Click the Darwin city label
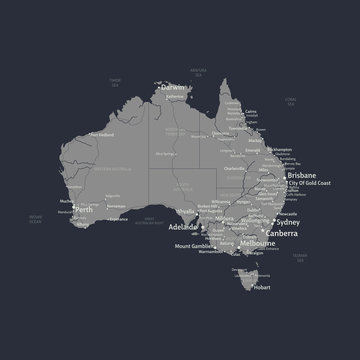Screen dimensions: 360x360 click(x=173, y=88)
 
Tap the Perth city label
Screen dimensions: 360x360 click(x=85, y=210)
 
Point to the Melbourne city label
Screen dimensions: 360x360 click(x=257, y=243)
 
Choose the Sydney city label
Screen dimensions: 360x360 click(x=287, y=222)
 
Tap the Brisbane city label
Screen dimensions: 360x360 click(x=304, y=175)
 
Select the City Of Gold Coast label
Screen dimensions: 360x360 click(x=309, y=184)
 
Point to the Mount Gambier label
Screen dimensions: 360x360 click(x=194, y=245)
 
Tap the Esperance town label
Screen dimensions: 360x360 click(x=118, y=218)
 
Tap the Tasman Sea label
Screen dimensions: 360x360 click(x=300, y=257)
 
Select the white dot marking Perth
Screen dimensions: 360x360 click(x=72, y=209)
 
